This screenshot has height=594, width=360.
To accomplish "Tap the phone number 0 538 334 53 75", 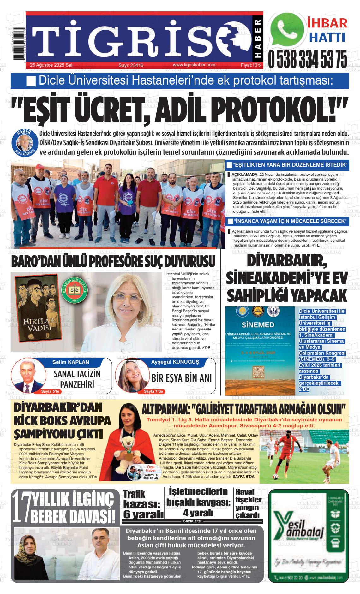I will point(307,59).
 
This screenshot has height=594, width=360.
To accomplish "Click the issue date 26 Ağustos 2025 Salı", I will point(52,65).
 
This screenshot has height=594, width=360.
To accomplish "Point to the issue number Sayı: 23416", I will point(131,65).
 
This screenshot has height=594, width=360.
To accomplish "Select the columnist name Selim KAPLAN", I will point(71,362).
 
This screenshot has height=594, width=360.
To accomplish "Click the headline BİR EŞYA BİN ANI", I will point(182,378).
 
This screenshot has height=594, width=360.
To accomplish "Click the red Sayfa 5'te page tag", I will point(50,391).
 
